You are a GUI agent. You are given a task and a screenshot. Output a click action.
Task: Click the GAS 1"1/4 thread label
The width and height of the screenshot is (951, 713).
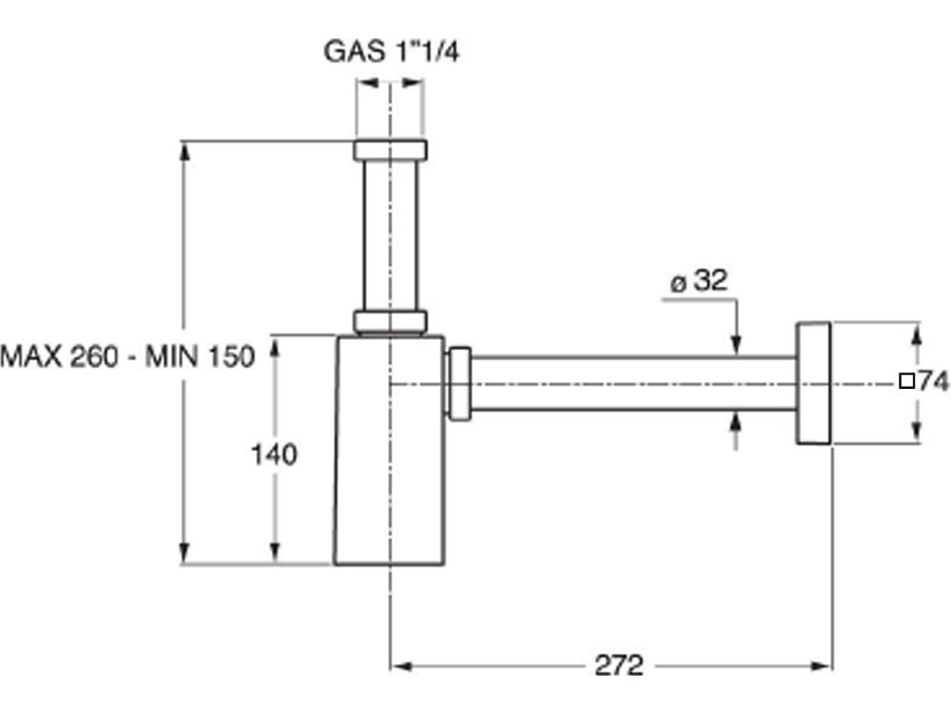391,50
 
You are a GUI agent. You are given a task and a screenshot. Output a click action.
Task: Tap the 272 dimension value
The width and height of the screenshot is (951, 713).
618,666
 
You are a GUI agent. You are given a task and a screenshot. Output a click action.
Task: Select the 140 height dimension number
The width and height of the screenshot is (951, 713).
274,455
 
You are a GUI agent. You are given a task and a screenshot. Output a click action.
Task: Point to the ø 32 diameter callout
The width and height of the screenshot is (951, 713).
698,281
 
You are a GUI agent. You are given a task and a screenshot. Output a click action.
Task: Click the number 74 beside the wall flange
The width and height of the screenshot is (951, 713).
933,381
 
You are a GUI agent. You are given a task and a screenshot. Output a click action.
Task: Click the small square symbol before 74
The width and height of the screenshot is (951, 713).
907,381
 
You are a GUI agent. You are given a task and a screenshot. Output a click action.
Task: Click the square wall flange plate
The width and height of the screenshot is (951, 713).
813,382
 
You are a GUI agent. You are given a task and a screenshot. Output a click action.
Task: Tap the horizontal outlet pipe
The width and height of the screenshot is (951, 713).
632,382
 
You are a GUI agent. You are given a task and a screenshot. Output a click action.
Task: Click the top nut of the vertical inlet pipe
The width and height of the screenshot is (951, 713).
390,150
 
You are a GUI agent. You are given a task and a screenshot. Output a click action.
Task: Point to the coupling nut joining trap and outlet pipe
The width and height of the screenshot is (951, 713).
459,382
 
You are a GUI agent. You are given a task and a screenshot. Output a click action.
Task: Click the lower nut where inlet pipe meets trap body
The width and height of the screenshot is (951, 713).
390,322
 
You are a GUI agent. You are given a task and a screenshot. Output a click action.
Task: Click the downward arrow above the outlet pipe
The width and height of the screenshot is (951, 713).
736,344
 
